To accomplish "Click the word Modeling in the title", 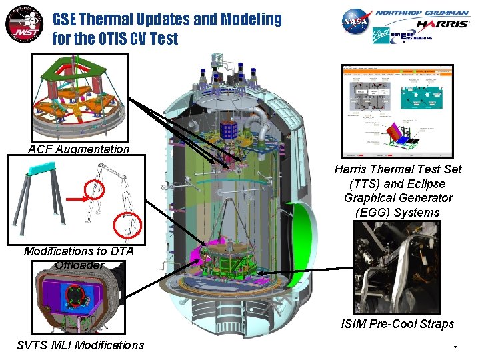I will point(246,19).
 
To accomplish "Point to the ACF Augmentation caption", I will point(79,149).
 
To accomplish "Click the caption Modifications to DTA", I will point(79,251).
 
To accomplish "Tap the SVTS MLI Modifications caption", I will point(79,345).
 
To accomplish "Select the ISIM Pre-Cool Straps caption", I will point(397,324).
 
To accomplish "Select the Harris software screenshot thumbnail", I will point(397,111).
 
